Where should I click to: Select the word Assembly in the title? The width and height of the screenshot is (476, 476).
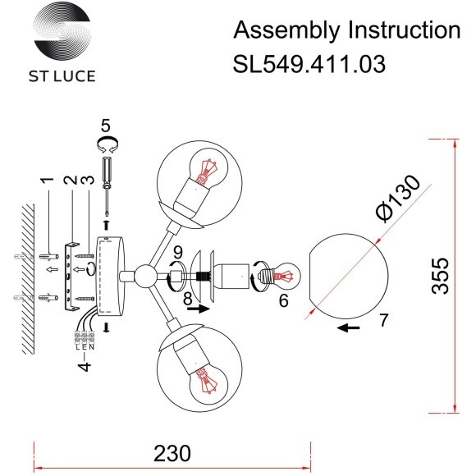tap(284, 30)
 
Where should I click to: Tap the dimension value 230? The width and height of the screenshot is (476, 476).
tap(172, 452)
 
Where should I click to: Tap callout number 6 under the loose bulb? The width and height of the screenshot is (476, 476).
tap(283, 300)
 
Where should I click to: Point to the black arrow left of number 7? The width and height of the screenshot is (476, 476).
tap(350, 329)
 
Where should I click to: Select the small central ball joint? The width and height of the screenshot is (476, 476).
tap(145, 274)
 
